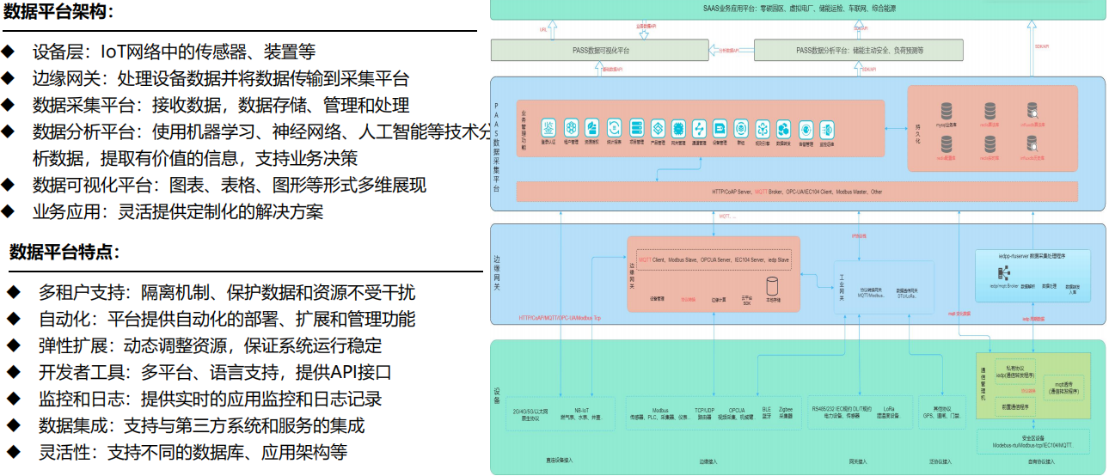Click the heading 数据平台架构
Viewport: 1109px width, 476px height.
(58, 12)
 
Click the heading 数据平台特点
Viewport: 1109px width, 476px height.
(64, 252)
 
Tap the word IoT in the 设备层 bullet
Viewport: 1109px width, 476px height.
(118, 52)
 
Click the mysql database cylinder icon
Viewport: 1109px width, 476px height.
(947, 112)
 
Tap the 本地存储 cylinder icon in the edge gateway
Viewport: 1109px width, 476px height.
(772, 285)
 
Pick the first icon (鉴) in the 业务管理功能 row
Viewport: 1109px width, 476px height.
(548, 128)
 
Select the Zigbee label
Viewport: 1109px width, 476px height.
(784, 411)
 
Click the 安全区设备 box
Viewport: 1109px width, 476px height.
(1032, 442)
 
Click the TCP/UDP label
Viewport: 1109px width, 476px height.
(705, 411)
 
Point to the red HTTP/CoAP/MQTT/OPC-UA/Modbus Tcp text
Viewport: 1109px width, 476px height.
(560, 318)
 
